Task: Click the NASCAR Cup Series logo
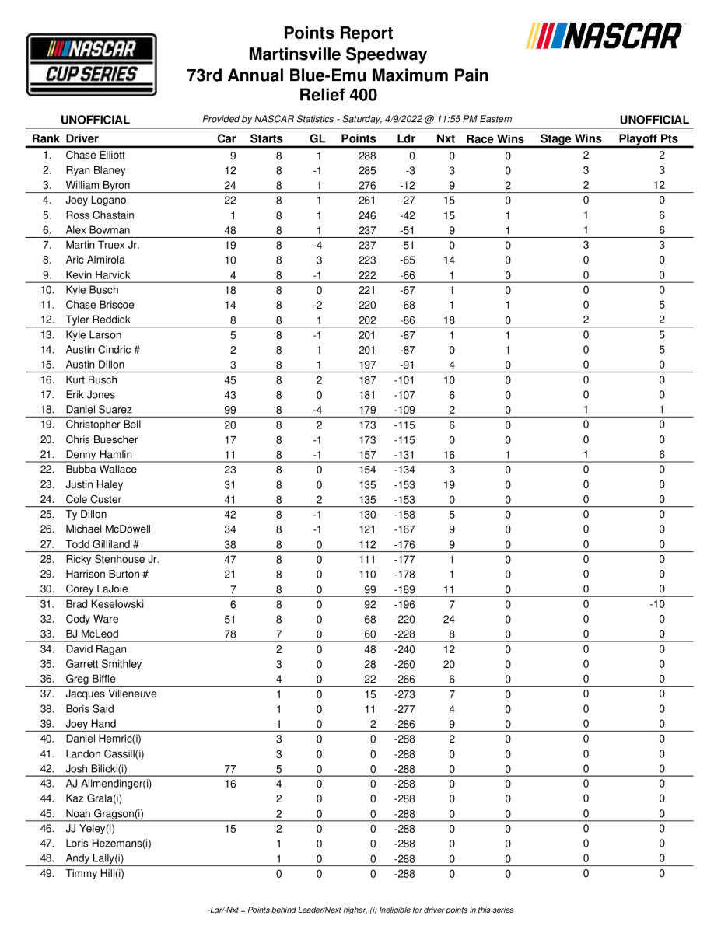(92, 64)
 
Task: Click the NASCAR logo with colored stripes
(605, 37)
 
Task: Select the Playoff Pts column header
(649, 139)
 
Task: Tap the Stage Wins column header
(571, 139)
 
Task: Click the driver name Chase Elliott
(95, 155)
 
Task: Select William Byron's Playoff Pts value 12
(660, 185)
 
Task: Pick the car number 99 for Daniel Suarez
(229, 410)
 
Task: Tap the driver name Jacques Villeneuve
(111, 694)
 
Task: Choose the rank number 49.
(48, 873)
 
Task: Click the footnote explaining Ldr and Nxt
(360, 910)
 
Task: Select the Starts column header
(266, 139)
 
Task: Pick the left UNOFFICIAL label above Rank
(95, 120)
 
